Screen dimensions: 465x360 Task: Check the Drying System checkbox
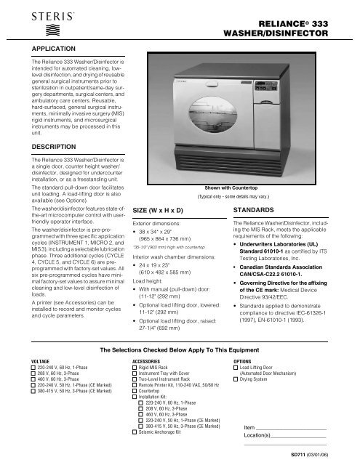point(235,379)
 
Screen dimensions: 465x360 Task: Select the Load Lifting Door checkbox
point(235,367)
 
